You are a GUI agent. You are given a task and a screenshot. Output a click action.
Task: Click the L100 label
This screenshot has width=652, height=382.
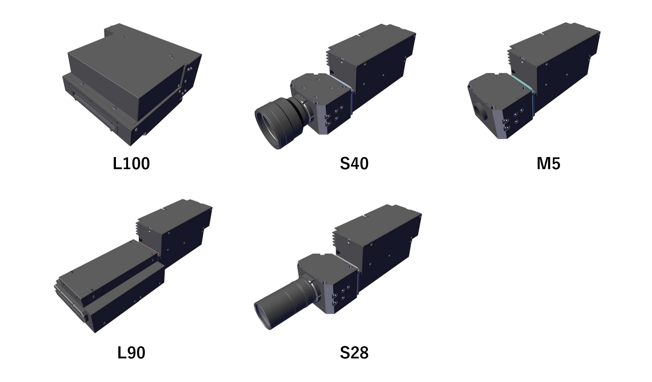point(131,163)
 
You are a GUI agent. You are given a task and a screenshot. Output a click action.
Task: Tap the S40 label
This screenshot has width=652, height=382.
point(354,163)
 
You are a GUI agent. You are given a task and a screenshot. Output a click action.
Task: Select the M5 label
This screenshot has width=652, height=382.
point(548,163)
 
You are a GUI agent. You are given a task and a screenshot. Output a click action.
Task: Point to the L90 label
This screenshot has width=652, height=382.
point(131,352)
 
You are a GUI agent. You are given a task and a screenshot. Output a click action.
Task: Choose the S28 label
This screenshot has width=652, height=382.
point(354,352)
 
